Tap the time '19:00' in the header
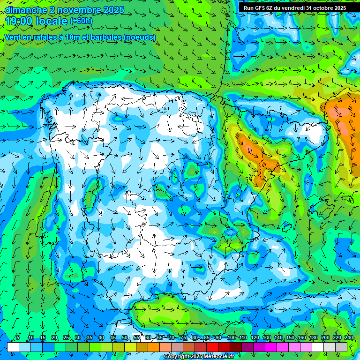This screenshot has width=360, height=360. click(x=19, y=21)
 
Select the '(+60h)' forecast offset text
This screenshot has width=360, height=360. click(x=81, y=21)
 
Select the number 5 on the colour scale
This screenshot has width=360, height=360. click(x=18, y=338)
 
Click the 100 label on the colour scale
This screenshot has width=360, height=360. click(x=231, y=338)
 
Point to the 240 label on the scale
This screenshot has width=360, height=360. click(x=349, y=338)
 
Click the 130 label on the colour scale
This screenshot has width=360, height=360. click(x=267, y=338)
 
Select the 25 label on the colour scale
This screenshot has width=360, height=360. click(x=66, y=338)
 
